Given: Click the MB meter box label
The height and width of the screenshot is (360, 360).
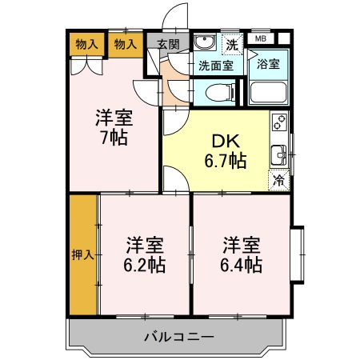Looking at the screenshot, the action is pyautogui.click(x=261, y=38).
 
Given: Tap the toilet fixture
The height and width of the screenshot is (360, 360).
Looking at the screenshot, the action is pyautogui.click(x=220, y=93).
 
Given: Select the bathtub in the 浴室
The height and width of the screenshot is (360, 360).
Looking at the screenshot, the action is pyautogui.click(x=268, y=92).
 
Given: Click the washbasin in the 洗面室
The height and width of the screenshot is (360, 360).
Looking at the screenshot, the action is pyautogui.click(x=205, y=42).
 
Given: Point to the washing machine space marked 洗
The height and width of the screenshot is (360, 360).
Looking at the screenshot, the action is pyautogui.click(x=232, y=44).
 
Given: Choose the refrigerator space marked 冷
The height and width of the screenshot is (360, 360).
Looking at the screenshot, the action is pyautogui.click(x=279, y=180).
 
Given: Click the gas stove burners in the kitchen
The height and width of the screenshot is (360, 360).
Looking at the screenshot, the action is pyautogui.click(x=279, y=122).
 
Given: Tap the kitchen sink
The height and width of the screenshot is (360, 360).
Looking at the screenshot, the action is pyautogui.click(x=278, y=155).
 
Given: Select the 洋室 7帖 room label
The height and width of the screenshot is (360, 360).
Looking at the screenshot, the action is pyautogui.click(x=114, y=127).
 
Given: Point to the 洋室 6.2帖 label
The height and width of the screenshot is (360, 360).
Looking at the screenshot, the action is pyautogui.click(x=145, y=254).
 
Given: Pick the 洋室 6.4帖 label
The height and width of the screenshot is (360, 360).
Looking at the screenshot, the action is pyautogui.click(x=241, y=254).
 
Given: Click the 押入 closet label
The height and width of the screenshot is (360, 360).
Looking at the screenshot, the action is pyautogui.click(x=83, y=255).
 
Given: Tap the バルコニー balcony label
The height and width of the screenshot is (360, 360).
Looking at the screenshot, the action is pyautogui.click(x=179, y=338).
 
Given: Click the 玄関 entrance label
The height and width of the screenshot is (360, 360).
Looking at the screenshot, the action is pyautogui.click(x=168, y=44).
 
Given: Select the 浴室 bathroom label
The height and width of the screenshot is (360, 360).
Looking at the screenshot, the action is pyautogui.click(x=268, y=64).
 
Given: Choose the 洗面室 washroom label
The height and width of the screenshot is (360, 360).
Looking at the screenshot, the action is pyautogui.click(x=216, y=66).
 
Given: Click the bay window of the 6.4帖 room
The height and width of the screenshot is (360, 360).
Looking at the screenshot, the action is pyautogui.click(x=298, y=254).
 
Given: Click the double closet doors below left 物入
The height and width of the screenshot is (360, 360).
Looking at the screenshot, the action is pyautogui.click(x=86, y=66).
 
